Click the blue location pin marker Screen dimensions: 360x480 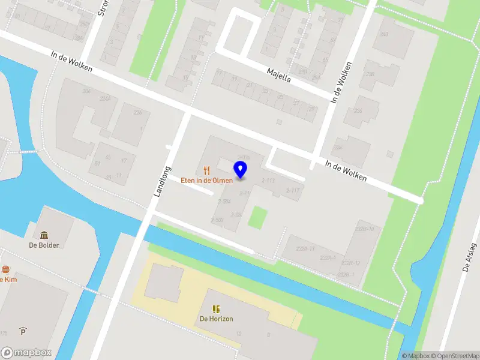(x=241, y=169)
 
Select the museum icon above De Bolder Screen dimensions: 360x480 (x=44, y=235)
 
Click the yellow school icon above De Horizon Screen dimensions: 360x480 (x=216, y=309)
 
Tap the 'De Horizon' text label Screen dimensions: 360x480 (x=216, y=319)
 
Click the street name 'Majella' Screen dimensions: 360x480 (x=278, y=76)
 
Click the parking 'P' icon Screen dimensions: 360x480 (x=23, y=331)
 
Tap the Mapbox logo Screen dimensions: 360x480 (x=26, y=352)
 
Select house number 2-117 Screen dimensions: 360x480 (x=293, y=190)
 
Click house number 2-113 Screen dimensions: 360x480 (x=268, y=180)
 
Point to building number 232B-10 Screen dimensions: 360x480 (x=364, y=229)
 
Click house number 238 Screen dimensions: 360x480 (x=370, y=75)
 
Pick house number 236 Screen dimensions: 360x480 (x=358, y=110)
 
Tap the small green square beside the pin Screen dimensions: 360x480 (x=257, y=217)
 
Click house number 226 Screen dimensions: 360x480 (x=138, y=112)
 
